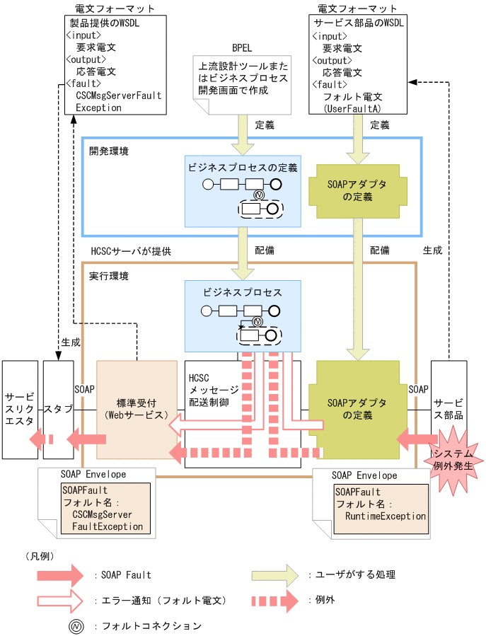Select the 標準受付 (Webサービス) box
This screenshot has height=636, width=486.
pyautogui.click(x=136, y=409)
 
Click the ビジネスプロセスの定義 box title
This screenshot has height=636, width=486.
pyautogui.click(x=243, y=168)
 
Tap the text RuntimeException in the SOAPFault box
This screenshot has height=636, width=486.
pyautogui.click(x=385, y=516)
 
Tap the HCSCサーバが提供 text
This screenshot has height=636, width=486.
pyautogui.click(x=131, y=250)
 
